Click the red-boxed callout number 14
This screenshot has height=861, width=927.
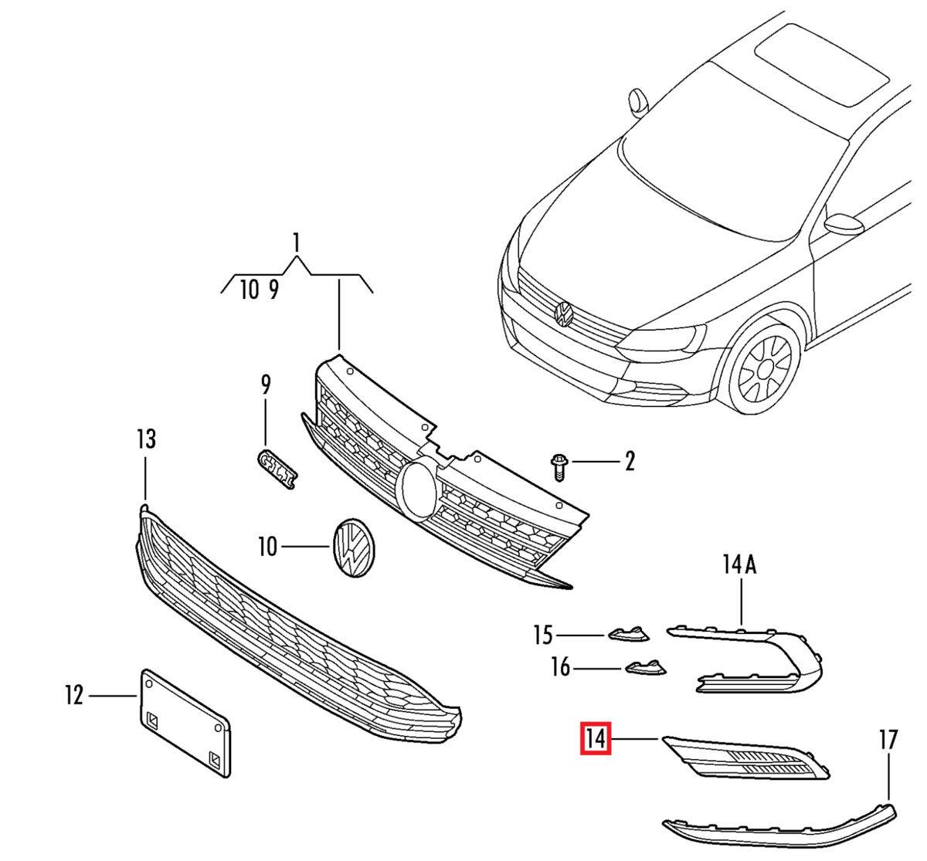(596, 738)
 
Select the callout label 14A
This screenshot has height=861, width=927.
(739, 565)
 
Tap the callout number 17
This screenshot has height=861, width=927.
(888, 740)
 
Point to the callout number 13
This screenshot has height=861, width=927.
(146, 439)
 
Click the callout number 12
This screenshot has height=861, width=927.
(73, 696)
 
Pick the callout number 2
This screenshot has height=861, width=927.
(630, 462)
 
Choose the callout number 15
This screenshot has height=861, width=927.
(543, 635)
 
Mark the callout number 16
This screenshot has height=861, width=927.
(560, 666)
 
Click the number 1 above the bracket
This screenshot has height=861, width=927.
(296, 244)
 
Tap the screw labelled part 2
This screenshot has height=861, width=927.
(559, 466)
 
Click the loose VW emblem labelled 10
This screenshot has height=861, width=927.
(352, 547)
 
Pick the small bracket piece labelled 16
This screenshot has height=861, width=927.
(644, 666)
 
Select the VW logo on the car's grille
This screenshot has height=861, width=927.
(563, 314)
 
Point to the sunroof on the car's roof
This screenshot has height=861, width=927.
(819, 64)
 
